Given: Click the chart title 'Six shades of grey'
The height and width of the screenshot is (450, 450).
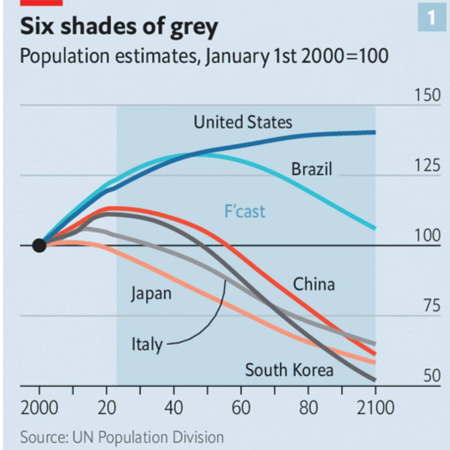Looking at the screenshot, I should [119, 27].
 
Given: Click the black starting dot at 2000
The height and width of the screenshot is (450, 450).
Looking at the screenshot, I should [39, 245].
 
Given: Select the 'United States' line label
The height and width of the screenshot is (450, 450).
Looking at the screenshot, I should [243, 122].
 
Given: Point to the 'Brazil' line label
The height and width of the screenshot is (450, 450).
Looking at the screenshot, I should [311, 169].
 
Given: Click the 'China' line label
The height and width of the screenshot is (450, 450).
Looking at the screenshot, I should [314, 284].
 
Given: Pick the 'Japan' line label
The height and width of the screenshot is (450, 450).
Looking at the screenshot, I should [151, 293].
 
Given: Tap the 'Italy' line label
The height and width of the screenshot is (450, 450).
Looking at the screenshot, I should [147, 344].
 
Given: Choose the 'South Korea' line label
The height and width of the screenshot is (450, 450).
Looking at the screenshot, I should [289, 370].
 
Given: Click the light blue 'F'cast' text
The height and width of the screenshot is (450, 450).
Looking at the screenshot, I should [245, 211].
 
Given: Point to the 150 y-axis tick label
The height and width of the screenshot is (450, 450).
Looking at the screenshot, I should [427, 95].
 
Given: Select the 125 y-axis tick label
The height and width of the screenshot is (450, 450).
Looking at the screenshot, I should [427, 166].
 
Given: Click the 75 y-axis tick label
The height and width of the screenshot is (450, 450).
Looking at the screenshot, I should [432, 306].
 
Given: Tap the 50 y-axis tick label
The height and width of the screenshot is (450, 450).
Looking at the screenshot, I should [432, 376].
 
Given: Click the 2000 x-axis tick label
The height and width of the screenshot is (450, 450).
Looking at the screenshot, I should [39, 408].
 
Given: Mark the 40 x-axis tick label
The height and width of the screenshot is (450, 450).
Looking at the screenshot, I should [173, 408].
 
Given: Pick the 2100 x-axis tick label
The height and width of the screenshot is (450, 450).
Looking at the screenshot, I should [375, 408].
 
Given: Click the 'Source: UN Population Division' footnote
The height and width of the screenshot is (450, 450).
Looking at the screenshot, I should [122, 437].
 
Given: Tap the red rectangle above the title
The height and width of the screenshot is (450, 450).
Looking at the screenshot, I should [41, 3].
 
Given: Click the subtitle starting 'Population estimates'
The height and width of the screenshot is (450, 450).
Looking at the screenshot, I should [204, 56].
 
